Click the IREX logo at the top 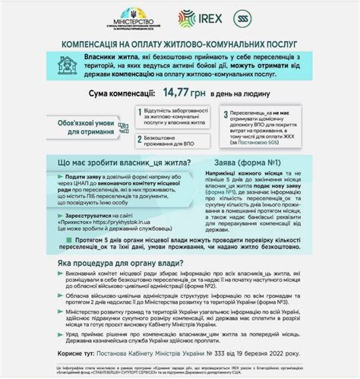199,16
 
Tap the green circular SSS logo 242,16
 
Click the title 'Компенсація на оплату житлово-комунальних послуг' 180,45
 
